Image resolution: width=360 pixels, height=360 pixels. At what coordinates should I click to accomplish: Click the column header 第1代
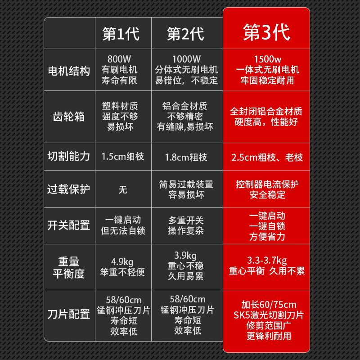pos(121,34)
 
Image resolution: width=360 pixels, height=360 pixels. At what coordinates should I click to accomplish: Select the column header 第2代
pos(185,34)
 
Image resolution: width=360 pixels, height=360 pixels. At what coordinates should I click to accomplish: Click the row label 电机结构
pos(69,71)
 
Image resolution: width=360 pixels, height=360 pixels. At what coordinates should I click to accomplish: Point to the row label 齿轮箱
pos(69,117)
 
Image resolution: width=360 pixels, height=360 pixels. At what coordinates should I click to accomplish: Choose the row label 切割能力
pos(69,157)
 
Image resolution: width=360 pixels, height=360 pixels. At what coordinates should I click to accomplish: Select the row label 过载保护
pos(69,189)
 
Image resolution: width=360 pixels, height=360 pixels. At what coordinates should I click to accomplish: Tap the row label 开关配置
pos(69,225)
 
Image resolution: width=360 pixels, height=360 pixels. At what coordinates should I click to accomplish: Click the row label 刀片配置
pos(69,314)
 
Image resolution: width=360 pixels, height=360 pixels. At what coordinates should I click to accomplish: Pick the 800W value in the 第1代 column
pos(120,59)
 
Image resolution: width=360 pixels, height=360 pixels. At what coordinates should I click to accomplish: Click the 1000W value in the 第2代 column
pos(186,59)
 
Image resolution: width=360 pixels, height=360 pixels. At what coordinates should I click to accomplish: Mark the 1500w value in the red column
pos(267,59)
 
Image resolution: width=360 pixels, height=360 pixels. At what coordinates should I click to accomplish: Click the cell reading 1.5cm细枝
pos(123,157)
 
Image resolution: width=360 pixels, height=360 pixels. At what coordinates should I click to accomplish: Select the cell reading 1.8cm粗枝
pos(186,157)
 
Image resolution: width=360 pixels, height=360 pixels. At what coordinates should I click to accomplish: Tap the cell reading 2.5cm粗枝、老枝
pos(267,157)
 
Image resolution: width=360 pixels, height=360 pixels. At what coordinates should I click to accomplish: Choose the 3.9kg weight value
pos(186,255)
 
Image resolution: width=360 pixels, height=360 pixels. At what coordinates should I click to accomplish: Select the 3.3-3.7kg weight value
pos(267,261)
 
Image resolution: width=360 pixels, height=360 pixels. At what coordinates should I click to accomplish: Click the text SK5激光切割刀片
pos(267,314)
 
